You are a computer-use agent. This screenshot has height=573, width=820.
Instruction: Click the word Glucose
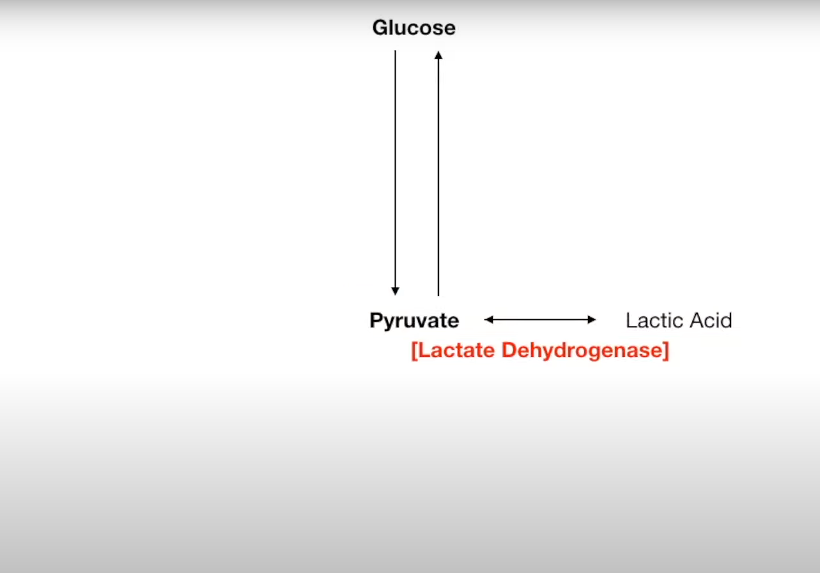(x=414, y=28)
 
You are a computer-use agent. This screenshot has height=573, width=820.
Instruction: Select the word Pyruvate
(x=414, y=321)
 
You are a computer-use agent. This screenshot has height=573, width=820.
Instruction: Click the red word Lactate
(x=458, y=351)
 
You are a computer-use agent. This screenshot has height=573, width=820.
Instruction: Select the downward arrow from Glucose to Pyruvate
(x=395, y=172)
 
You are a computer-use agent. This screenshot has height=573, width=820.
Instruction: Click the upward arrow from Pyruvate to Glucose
(x=438, y=172)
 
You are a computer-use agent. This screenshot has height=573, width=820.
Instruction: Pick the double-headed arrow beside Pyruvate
(x=540, y=319)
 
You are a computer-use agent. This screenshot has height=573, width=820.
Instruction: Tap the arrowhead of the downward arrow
(x=395, y=291)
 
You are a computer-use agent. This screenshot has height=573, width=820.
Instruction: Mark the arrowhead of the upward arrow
(x=438, y=55)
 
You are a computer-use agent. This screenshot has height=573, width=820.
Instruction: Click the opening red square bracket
(x=414, y=351)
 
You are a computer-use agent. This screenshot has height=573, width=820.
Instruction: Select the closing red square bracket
(x=666, y=351)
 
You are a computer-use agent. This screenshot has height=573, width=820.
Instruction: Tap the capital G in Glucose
(x=380, y=28)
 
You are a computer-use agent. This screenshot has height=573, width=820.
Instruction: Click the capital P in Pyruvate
(x=376, y=320)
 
